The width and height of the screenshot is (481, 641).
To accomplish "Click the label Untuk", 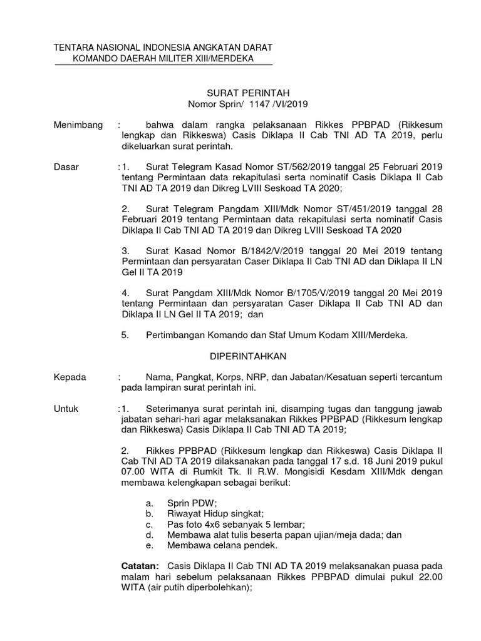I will pos(67,408).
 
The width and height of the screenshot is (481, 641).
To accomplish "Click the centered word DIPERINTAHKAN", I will pos(247,356).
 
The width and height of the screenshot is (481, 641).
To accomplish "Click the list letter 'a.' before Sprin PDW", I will pos(149,503).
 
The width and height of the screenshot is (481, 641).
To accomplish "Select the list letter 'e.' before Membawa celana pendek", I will pos(149,545).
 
